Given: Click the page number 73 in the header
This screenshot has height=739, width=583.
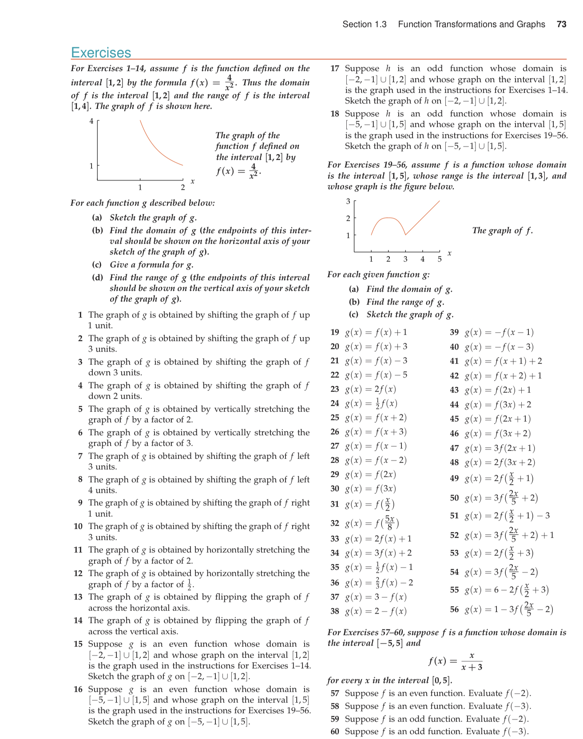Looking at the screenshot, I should pos(561,24).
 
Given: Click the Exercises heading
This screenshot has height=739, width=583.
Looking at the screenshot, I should pos(101,52).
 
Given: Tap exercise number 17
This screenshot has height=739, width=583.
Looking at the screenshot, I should pos(335,68).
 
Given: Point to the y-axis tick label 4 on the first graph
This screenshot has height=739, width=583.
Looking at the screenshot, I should pos(91,121).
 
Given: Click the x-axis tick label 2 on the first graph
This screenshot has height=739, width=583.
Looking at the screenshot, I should pos(182,187).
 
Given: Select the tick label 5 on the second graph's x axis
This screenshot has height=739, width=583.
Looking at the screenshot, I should pos(439,259).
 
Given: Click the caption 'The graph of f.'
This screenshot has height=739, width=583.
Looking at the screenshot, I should pos(502,230).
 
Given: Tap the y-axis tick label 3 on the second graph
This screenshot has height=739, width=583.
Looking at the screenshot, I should pos(348,201).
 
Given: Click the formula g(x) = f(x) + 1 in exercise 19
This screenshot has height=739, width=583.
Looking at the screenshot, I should pos(376,332).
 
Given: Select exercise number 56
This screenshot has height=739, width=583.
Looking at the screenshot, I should pos(454,609).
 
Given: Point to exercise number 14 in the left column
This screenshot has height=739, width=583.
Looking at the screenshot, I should pos(78,620).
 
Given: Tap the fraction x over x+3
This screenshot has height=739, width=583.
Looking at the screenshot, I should pos(472,661).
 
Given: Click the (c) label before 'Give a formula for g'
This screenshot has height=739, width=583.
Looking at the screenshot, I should pos(97,265).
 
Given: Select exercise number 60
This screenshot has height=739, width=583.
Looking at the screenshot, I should pos(335,731).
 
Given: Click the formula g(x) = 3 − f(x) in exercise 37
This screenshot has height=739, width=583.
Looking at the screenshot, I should pos(376,597).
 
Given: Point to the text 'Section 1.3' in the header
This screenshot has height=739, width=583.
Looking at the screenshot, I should pos(364,24).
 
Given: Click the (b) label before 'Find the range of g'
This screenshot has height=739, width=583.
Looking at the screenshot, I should pos(354,302).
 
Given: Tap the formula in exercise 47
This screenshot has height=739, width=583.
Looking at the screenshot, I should pos(500,448).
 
